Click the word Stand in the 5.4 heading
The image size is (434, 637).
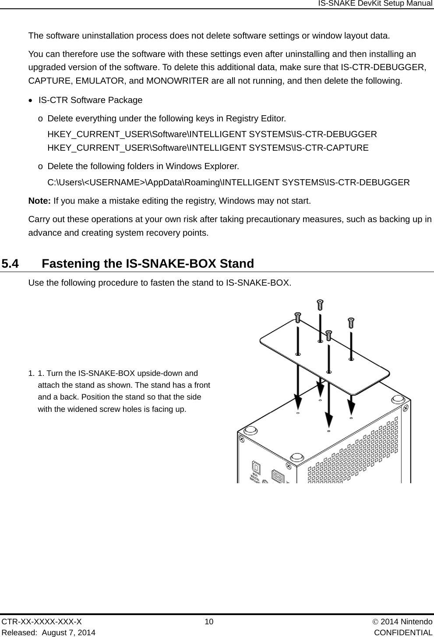236,264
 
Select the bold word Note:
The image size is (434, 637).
39,201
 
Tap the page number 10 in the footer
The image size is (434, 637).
209,622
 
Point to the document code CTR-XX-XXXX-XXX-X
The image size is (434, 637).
42,622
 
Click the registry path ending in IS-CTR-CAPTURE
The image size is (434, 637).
208,148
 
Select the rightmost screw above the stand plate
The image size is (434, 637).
350,323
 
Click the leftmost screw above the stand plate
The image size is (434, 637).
297,317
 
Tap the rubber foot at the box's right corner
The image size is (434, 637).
398,400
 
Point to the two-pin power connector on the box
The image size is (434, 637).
277,476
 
